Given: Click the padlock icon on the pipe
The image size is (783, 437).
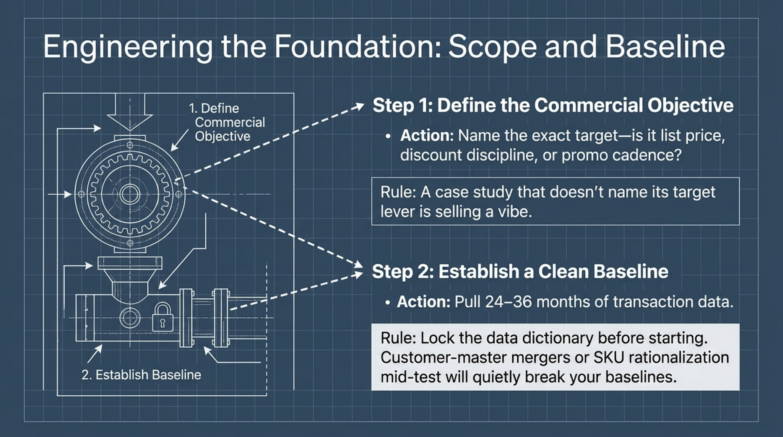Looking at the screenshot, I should (162, 317).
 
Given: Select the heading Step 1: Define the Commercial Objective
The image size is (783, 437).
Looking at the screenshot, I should (553, 106).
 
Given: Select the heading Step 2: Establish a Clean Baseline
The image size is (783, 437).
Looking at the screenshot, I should (520, 271).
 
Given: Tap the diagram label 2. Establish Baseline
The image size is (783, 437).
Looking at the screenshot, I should (141, 375).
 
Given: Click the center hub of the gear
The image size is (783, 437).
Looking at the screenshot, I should (130, 194).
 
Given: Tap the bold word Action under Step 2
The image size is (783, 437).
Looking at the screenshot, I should (424, 302).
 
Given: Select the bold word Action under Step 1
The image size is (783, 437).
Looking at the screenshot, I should (427, 136).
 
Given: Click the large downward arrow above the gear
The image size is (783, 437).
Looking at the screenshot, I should (130, 115).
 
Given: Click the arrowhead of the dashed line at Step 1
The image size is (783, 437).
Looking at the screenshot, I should (359, 105).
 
